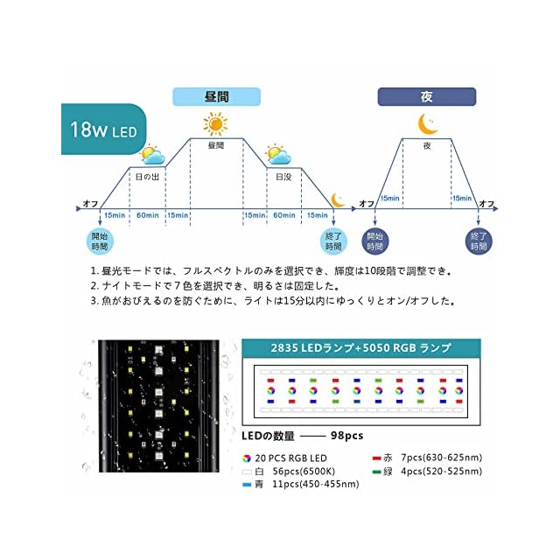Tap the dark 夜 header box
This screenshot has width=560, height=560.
(426, 96)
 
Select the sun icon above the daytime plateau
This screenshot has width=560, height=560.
(216, 122)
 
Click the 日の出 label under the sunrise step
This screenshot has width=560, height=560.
(148, 176)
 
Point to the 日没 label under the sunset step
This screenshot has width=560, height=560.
(283, 176)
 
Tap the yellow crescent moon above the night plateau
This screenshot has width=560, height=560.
(427, 122)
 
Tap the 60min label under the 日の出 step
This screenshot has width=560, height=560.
(148, 215)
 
